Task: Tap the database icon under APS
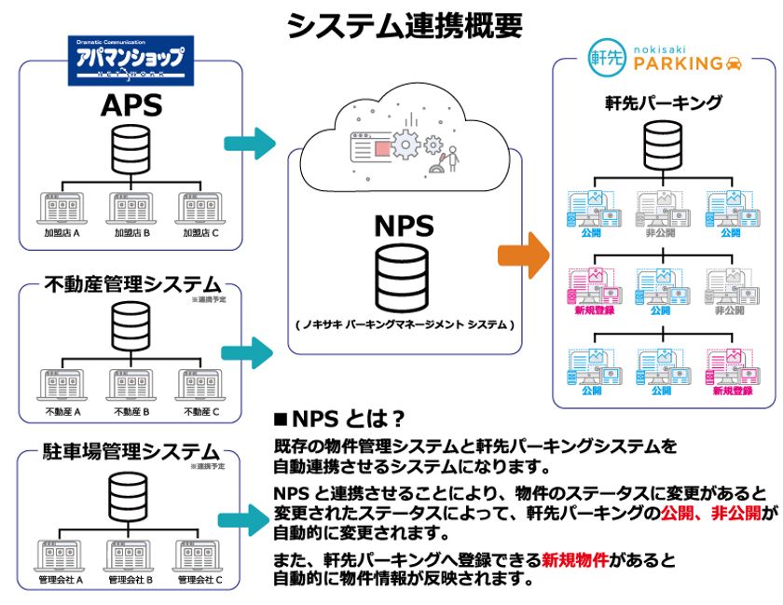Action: (x=130, y=149)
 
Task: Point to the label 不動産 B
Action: (x=130, y=411)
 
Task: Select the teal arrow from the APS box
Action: (x=251, y=144)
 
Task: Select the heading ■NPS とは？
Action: (x=339, y=417)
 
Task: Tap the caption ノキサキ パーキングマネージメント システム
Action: (x=404, y=324)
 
